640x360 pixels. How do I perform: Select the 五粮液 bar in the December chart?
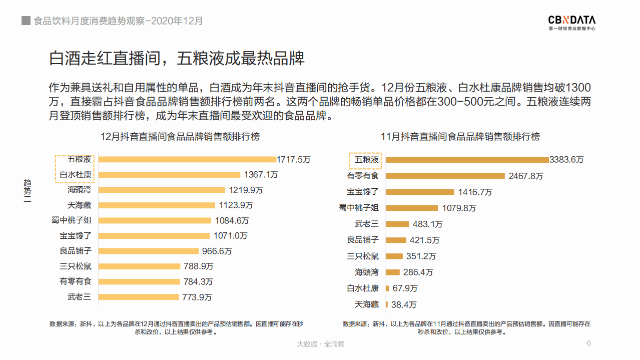[187, 159]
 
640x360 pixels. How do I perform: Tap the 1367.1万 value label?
[261, 175]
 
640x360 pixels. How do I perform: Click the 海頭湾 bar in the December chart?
[162, 190]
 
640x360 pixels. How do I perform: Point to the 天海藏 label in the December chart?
[80, 205]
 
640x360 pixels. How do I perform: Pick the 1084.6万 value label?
[232, 220]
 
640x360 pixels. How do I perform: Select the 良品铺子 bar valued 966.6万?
[149, 251]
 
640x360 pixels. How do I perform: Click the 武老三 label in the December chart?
[80, 297]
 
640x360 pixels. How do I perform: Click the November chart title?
[460, 137]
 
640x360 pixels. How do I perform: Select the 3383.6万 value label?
[566, 160]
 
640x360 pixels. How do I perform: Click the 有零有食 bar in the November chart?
[445, 176]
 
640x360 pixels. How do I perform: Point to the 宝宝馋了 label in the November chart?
[363, 192]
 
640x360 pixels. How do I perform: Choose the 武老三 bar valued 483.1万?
[397, 224]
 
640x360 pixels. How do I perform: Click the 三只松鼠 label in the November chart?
[363, 256]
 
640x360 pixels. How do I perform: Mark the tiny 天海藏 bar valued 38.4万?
[387, 304]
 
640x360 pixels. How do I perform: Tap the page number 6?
[589, 343]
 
